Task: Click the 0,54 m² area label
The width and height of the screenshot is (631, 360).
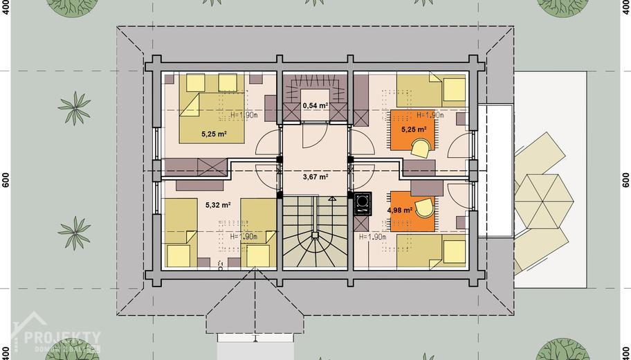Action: pyautogui.click(x=315, y=106)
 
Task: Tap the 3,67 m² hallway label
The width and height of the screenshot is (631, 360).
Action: pyautogui.click(x=315, y=177)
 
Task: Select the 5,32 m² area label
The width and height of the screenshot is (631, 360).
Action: pyautogui.click(x=219, y=205)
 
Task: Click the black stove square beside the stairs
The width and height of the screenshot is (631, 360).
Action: pyautogui.click(x=361, y=203)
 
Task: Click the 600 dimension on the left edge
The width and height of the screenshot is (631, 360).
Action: pyautogui.click(x=6, y=179)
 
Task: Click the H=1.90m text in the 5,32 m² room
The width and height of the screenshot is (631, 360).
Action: pyautogui.click(x=244, y=236)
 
